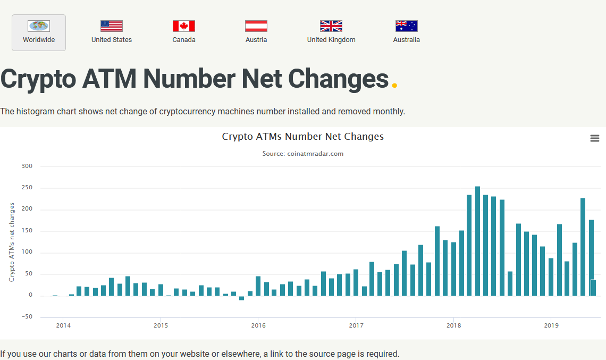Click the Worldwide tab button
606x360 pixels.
click(39, 32)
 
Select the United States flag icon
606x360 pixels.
click(112, 26)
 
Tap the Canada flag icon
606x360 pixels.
click(184, 26)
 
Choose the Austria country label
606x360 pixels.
click(256, 40)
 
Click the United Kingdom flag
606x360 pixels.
click(331, 26)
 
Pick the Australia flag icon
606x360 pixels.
click(407, 26)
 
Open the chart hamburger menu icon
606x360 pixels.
click(595, 138)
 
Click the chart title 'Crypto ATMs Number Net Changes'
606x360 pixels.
click(302, 137)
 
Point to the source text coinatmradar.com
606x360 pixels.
click(302, 154)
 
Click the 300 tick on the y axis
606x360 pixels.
click(27, 166)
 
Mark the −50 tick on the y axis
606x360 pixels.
click(26, 317)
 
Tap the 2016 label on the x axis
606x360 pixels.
click(258, 325)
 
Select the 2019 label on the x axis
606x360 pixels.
click(551, 325)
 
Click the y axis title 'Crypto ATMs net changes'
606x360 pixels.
click(12, 242)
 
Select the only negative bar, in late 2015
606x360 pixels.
click(242, 298)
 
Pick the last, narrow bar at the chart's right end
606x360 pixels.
click(594, 288)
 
